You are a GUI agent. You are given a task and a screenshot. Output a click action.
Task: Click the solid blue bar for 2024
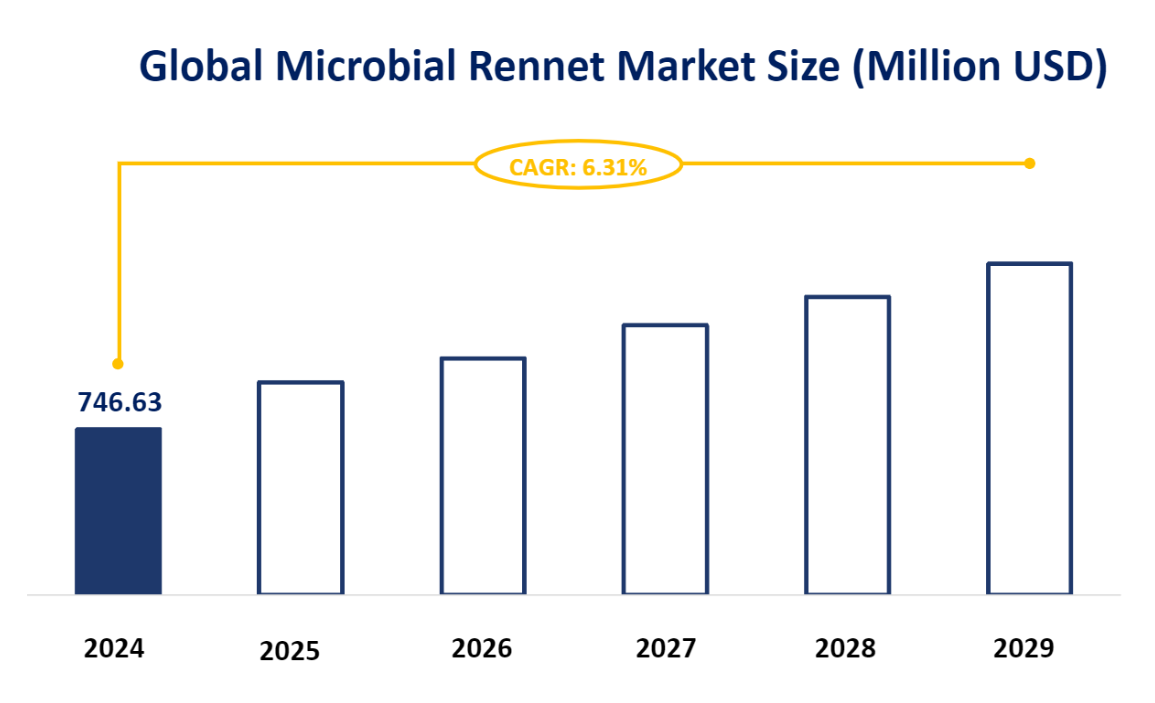118,511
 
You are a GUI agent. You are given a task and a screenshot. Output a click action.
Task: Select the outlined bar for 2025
301,488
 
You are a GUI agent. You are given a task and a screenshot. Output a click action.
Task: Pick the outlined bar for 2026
483,476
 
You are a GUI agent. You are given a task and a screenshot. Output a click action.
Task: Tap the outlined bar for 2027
666,459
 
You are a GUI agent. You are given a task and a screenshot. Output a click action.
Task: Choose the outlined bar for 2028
848,445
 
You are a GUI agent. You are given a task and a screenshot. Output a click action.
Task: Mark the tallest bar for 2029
1030,428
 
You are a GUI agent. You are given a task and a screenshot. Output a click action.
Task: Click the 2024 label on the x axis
114,649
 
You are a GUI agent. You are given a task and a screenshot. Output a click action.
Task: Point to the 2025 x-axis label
289,652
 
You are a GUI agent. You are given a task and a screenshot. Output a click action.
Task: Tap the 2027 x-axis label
665,649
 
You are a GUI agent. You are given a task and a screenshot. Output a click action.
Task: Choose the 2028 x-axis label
845,649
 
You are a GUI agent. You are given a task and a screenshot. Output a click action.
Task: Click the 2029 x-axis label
1024,649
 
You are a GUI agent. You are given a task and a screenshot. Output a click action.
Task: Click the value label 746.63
119,402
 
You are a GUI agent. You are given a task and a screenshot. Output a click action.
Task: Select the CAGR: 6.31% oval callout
578,167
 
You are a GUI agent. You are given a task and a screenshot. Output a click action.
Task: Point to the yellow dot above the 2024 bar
118,363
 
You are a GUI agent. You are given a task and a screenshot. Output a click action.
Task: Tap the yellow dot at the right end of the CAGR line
1030,163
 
